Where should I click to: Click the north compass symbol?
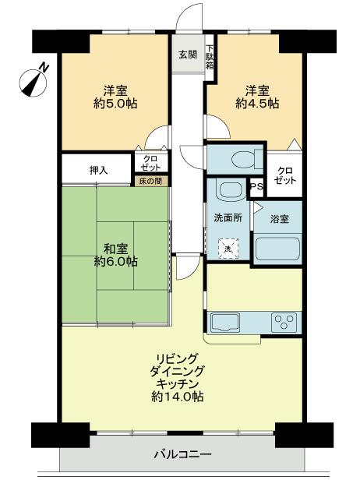(x=31, y=79)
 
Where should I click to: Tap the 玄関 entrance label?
(x=187, y=55)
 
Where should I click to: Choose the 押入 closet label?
(x=98, y=168)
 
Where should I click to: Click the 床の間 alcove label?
(x=150, y=182)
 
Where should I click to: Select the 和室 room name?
(x=116, y=249)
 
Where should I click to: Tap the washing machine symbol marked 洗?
(x=228, y=249)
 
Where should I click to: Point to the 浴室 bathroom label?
(x=279, y=219)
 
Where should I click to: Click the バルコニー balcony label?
(x=179, y=454)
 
